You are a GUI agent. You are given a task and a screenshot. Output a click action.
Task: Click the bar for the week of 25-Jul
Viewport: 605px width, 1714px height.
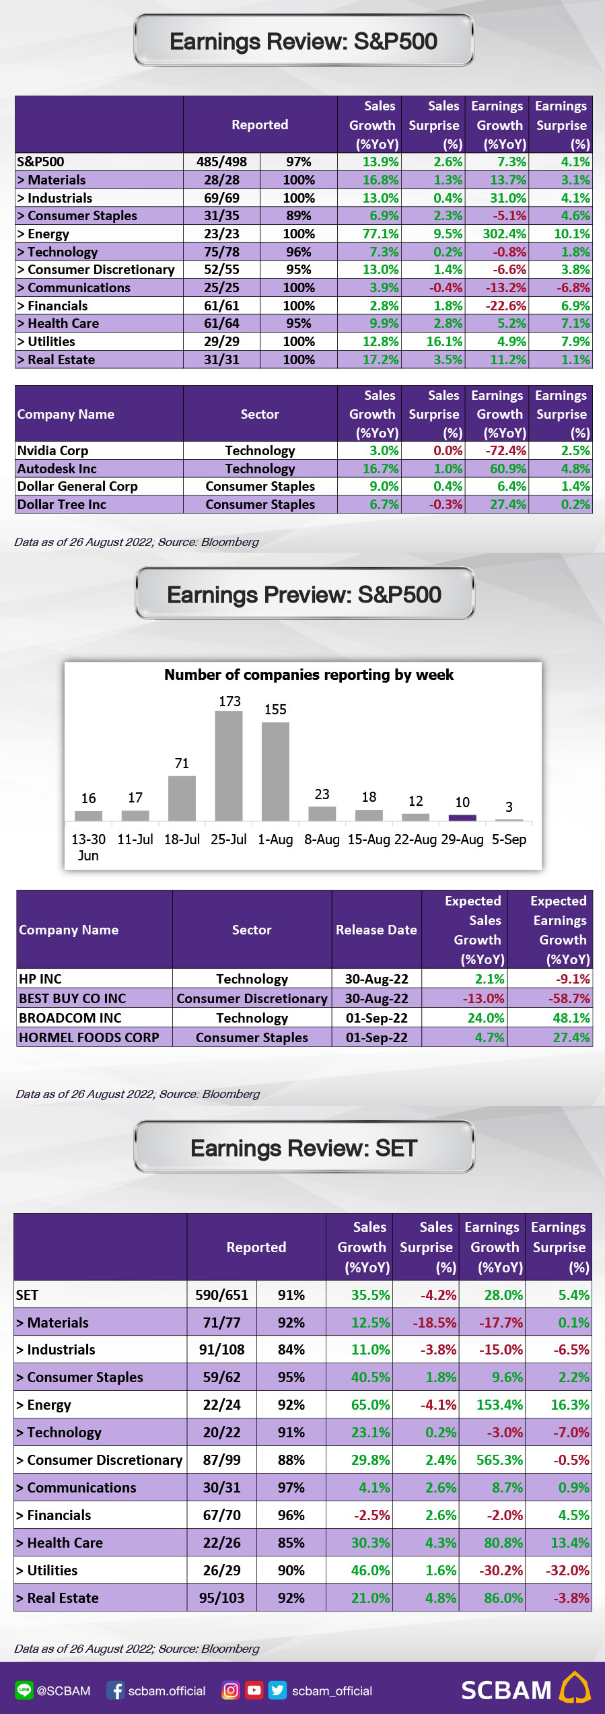point(229,765)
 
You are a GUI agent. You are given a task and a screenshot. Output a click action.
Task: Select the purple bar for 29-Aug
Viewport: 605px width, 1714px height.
point(462,817)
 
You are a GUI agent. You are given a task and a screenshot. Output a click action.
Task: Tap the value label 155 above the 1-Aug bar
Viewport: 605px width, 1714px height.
point(275,710)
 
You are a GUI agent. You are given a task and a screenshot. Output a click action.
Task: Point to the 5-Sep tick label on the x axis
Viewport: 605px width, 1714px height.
point(509,839)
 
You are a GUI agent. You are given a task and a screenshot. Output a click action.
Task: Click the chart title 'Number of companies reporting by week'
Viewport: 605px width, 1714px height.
point(309,675)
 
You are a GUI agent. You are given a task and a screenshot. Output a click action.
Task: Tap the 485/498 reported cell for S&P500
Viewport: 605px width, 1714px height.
point(221,162)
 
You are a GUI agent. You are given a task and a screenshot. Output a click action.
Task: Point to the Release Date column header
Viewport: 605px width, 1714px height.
point(376,930)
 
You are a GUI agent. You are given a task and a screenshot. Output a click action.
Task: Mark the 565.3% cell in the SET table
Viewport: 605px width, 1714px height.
point(499,1460)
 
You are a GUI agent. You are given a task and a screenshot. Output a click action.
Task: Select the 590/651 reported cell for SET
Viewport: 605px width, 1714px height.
point(221,1295)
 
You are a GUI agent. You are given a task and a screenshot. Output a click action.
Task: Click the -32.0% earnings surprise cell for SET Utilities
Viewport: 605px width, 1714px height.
point(567,1570)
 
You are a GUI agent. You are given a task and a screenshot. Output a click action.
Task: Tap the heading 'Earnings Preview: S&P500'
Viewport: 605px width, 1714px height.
point(304,594)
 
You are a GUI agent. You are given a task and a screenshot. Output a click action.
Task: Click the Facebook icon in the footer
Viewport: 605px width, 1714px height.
point(116,1690)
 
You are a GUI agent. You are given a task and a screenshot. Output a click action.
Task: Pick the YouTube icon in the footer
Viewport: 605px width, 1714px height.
point(254,1690)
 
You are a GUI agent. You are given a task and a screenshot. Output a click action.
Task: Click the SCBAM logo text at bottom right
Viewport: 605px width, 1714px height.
point(506,1690)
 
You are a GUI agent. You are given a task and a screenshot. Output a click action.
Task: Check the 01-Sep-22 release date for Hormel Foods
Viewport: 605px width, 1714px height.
point(377,1037)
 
